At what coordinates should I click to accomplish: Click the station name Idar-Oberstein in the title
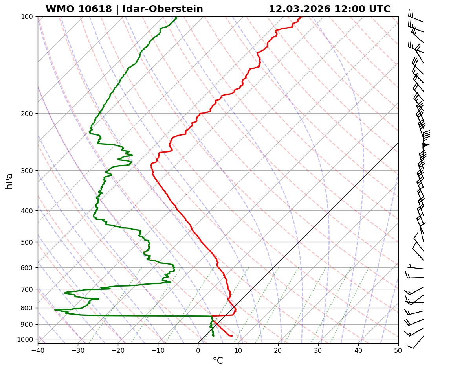point(163,9)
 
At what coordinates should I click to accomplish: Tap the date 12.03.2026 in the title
point(299,9)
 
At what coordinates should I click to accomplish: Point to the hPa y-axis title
point(9,181)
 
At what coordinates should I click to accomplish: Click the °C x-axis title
point(218,361)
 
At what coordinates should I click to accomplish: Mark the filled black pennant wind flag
point(425,145)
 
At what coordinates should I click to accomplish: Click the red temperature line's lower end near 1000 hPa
point(232,336)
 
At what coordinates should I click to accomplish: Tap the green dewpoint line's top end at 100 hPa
point(176,17)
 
